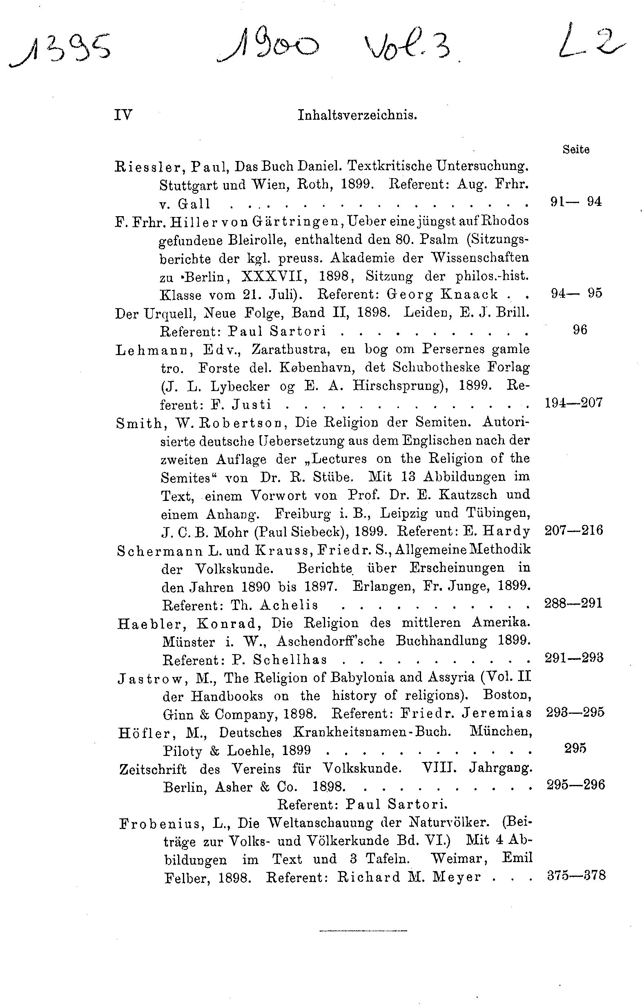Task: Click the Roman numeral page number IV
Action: click(x=123, y=114)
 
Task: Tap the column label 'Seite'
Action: click(x=576, y=150)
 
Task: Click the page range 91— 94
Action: click(x=576, y=202)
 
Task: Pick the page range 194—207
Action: click(x=573, y=403)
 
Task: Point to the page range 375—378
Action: click(x=576, y=876)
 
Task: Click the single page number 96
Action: click(x=580, y=330)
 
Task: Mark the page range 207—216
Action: click(x=574, y=530)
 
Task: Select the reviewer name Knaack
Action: click(x=469, y=295)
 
